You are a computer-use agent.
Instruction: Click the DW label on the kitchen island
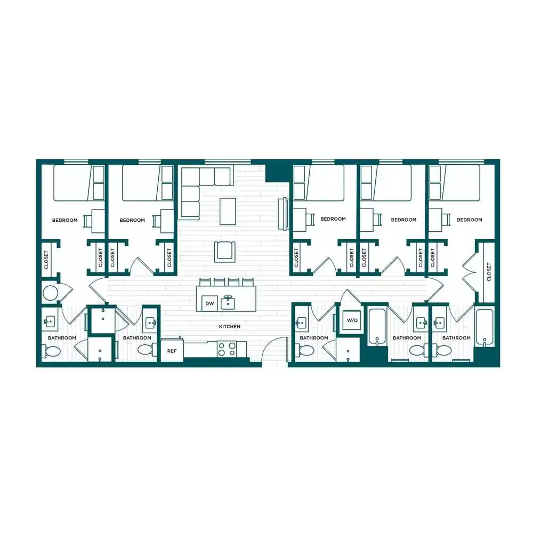click(209, 304)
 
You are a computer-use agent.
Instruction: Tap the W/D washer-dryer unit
click(352, 320)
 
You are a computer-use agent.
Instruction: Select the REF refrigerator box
click(172, 351)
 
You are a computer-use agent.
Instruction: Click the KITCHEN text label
click(229, 326)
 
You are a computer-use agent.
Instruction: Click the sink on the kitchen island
click(228, 303)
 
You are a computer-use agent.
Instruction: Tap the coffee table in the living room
click(228, 211)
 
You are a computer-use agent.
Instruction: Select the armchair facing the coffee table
click(225, 251)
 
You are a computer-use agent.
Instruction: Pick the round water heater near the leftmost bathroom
click(50, 293)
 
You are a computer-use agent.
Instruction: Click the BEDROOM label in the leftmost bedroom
click(64, 220)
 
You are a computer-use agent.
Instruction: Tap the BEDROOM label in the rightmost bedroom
click(469, 220)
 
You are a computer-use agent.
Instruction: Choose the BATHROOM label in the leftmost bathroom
click(62, 338)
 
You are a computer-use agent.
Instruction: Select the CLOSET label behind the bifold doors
click(489, 272)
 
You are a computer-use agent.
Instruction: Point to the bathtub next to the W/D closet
click(377, 325)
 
